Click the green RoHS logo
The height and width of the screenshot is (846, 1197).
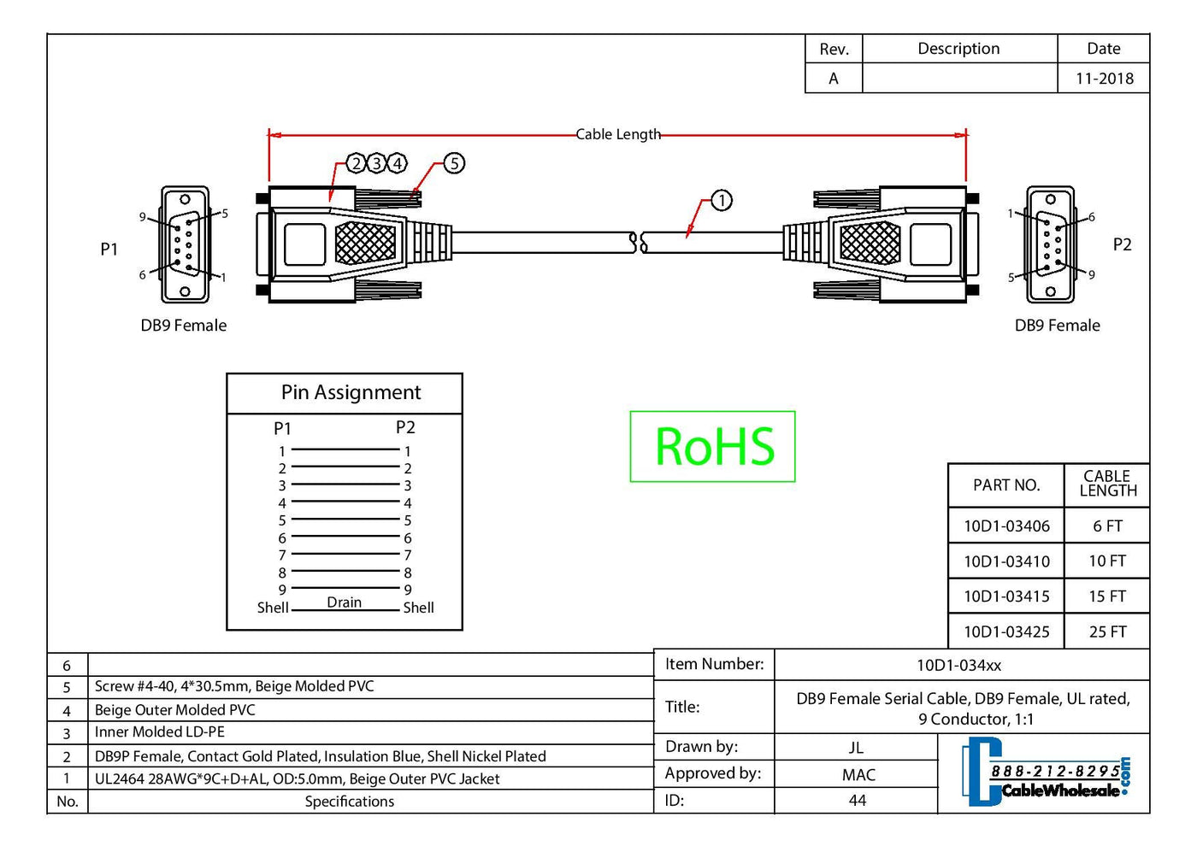(x=713, y=447)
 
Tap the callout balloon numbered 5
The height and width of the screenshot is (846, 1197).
(x=454, y=163)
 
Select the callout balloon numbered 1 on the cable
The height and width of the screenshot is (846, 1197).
(x=722, y=201)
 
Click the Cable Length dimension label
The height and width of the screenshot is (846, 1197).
(x=617, y=134)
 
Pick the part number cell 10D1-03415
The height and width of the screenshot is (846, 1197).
(x=1006, y=596)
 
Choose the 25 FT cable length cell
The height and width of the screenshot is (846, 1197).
(x=1107, y=632)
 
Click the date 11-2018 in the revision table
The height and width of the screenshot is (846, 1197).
(x=1104, y=79)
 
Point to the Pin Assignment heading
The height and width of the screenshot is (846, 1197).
(x=351, y=392)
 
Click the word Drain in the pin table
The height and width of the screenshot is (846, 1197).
(x=344, y=602)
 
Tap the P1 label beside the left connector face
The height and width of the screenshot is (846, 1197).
(x=109, y=249)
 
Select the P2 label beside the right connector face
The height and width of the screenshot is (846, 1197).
(x=1122, y=245)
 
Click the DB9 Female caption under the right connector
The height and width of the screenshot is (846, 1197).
(x=1057, y=326)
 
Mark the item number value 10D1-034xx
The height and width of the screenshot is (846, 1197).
(x=958, y=665)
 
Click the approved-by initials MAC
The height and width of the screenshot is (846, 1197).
(x=858, y=775)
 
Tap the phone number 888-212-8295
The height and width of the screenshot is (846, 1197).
(x=1054, y=772)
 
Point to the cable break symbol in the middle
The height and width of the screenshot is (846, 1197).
(x=638, y=243)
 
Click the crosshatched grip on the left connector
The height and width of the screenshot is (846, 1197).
(x=366, y=243)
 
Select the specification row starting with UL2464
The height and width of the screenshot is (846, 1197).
(x=297, y=778)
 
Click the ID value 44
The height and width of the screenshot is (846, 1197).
(x=857, y=801)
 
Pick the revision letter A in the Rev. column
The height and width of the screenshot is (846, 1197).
(x=834, y=79)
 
